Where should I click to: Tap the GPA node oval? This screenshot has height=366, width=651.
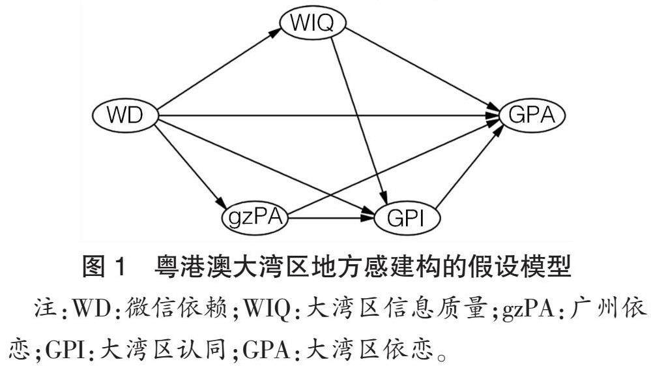click(x=532, y=116)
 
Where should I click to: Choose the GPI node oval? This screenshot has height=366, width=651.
click(x=407, y=217)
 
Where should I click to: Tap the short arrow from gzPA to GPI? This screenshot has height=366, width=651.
click(x=329, y=217)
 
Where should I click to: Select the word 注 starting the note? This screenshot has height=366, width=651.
click(x=44, y=304)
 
